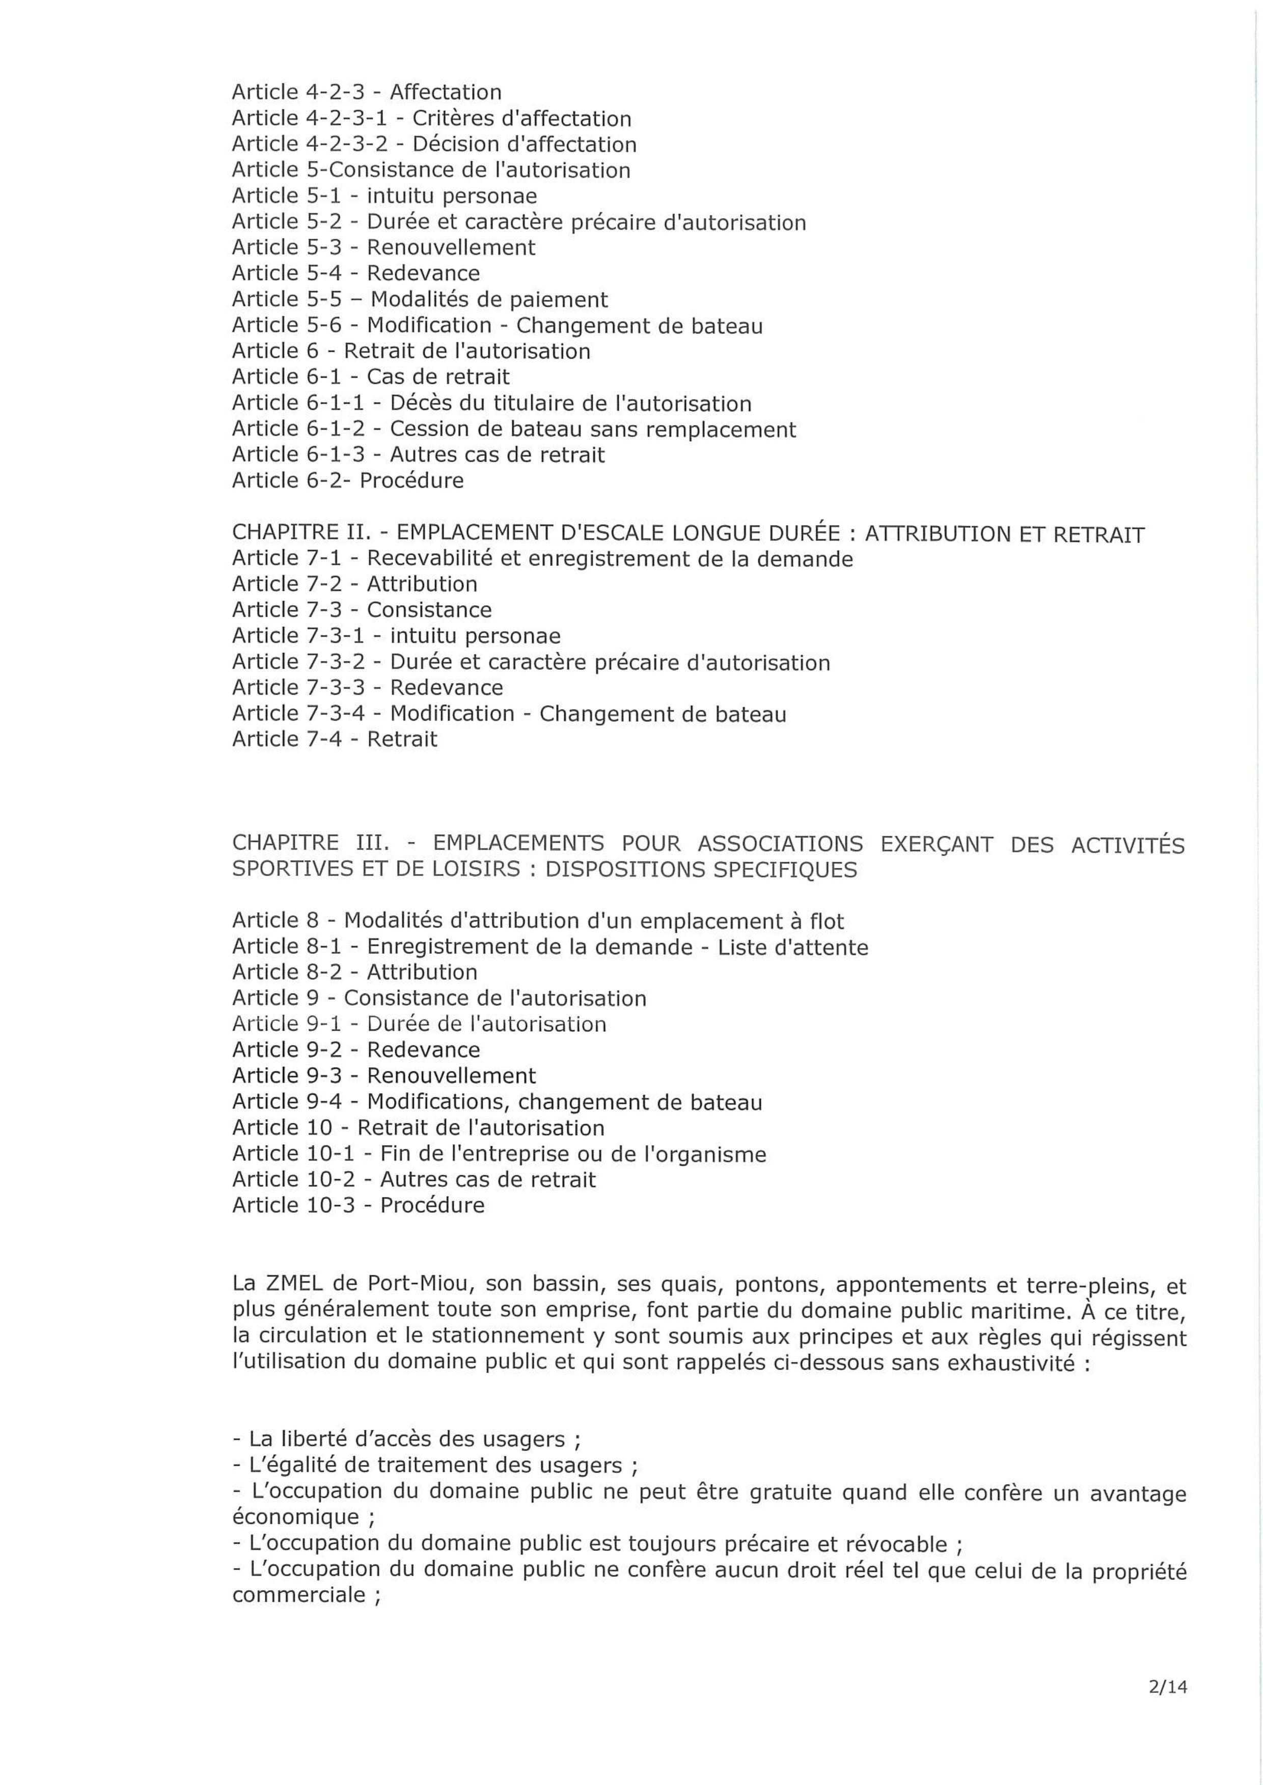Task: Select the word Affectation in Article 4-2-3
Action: click(446, 93)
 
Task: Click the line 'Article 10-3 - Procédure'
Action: click(358, 1205)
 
